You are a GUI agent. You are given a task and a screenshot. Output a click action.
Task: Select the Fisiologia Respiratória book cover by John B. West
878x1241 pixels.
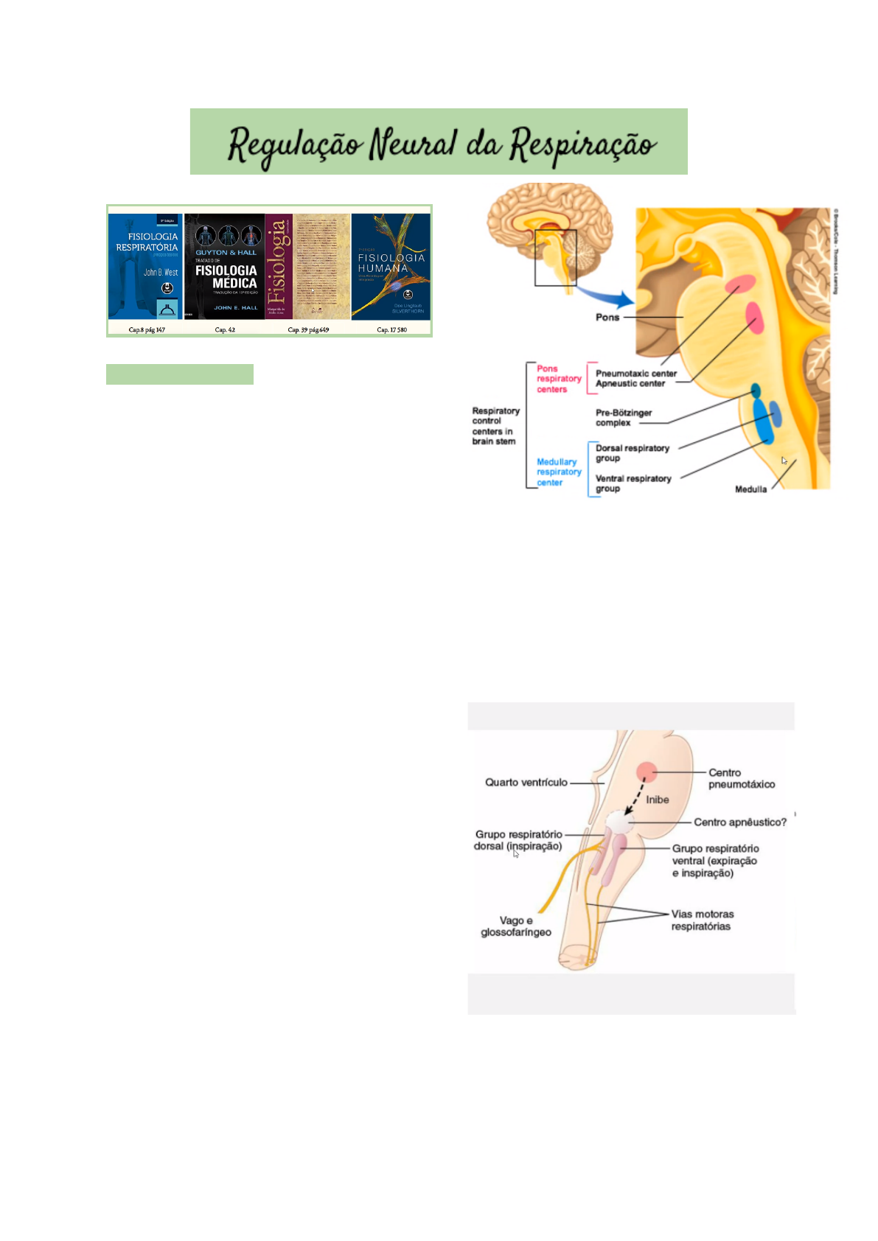tap(146, 266)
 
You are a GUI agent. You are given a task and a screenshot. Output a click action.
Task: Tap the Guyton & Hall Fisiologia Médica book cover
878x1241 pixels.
tap(225, 266)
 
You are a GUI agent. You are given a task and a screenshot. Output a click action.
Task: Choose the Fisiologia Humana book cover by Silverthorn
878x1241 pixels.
tap(391, 266)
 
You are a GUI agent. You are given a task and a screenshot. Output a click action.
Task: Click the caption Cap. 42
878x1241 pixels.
tap(225, 329)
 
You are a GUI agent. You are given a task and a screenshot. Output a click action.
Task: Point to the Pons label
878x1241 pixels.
tap(607, 317)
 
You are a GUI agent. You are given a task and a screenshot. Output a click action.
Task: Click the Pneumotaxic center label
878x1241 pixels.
tap(635, 374)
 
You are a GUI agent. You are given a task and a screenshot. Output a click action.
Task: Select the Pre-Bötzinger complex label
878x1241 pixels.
tap(623, 418)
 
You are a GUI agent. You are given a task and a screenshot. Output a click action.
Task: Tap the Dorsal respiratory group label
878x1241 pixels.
tap(632, 452)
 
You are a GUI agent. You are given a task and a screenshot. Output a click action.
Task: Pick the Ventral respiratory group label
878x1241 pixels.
tap(633, 483)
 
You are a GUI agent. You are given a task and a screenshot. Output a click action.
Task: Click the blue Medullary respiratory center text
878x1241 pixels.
tap(558, 472)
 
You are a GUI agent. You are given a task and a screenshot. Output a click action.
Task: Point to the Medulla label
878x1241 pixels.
tap(750, 489)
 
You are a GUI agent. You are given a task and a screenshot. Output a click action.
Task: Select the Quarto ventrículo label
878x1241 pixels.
tap(526, 782)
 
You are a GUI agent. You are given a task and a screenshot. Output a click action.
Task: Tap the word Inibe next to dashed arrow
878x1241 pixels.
tap(658, 800)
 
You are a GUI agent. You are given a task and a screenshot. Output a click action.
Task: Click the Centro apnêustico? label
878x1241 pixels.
tap(739, 822)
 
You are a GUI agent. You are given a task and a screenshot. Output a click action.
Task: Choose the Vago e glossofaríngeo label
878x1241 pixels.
tap(515, 926)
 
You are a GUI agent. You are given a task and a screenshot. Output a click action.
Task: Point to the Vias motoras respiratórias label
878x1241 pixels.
tap(702, 920)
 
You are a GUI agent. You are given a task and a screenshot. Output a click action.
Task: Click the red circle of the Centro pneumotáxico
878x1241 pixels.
tap(647, 772)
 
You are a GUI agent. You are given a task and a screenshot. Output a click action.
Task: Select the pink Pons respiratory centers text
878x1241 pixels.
tap(558, 379)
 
